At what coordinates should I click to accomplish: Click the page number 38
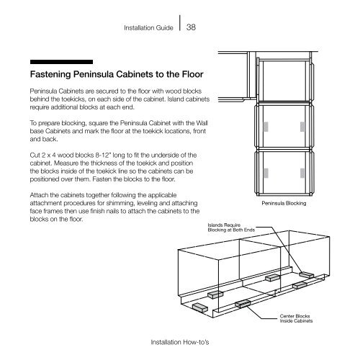191,27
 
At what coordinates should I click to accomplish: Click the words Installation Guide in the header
148,28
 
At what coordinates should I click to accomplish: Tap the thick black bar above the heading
61,62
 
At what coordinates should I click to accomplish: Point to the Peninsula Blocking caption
284,203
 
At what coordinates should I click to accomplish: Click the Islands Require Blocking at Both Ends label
231,228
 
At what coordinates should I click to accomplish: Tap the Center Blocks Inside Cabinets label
296,318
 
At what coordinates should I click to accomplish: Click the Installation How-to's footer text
180,342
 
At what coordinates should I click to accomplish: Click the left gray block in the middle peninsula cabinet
266,127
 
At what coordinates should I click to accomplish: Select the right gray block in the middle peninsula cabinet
302,127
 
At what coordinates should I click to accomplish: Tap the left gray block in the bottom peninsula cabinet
266,173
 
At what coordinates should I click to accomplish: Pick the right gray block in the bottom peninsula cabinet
302,173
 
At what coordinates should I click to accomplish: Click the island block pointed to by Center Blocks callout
243,305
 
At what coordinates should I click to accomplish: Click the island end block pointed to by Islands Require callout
307,275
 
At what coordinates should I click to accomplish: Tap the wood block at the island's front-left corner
200,307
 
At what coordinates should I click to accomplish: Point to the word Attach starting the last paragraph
39,195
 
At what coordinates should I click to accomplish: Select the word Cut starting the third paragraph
34,156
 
